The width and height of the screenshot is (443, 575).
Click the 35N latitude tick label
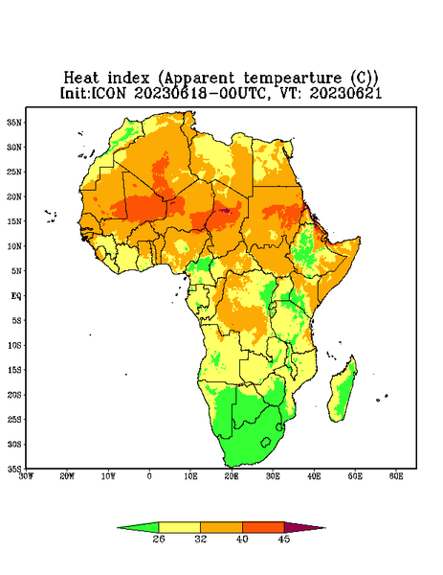14,122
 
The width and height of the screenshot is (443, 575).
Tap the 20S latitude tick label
14,395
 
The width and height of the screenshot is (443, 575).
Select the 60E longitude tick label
396,476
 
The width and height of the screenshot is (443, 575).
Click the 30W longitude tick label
26,476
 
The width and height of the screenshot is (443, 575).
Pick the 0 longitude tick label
149,476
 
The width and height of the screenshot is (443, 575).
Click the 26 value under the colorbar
159,539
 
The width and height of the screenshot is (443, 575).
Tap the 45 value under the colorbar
284,539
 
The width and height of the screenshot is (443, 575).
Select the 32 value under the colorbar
201,539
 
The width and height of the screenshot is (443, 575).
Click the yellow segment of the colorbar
179,527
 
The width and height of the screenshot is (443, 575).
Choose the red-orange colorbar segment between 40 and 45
263,527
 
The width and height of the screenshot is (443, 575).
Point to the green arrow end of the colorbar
138,527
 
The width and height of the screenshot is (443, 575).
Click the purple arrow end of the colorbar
305,527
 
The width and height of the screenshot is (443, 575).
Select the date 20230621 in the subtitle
345,93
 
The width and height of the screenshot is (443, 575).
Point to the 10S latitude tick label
14,345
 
